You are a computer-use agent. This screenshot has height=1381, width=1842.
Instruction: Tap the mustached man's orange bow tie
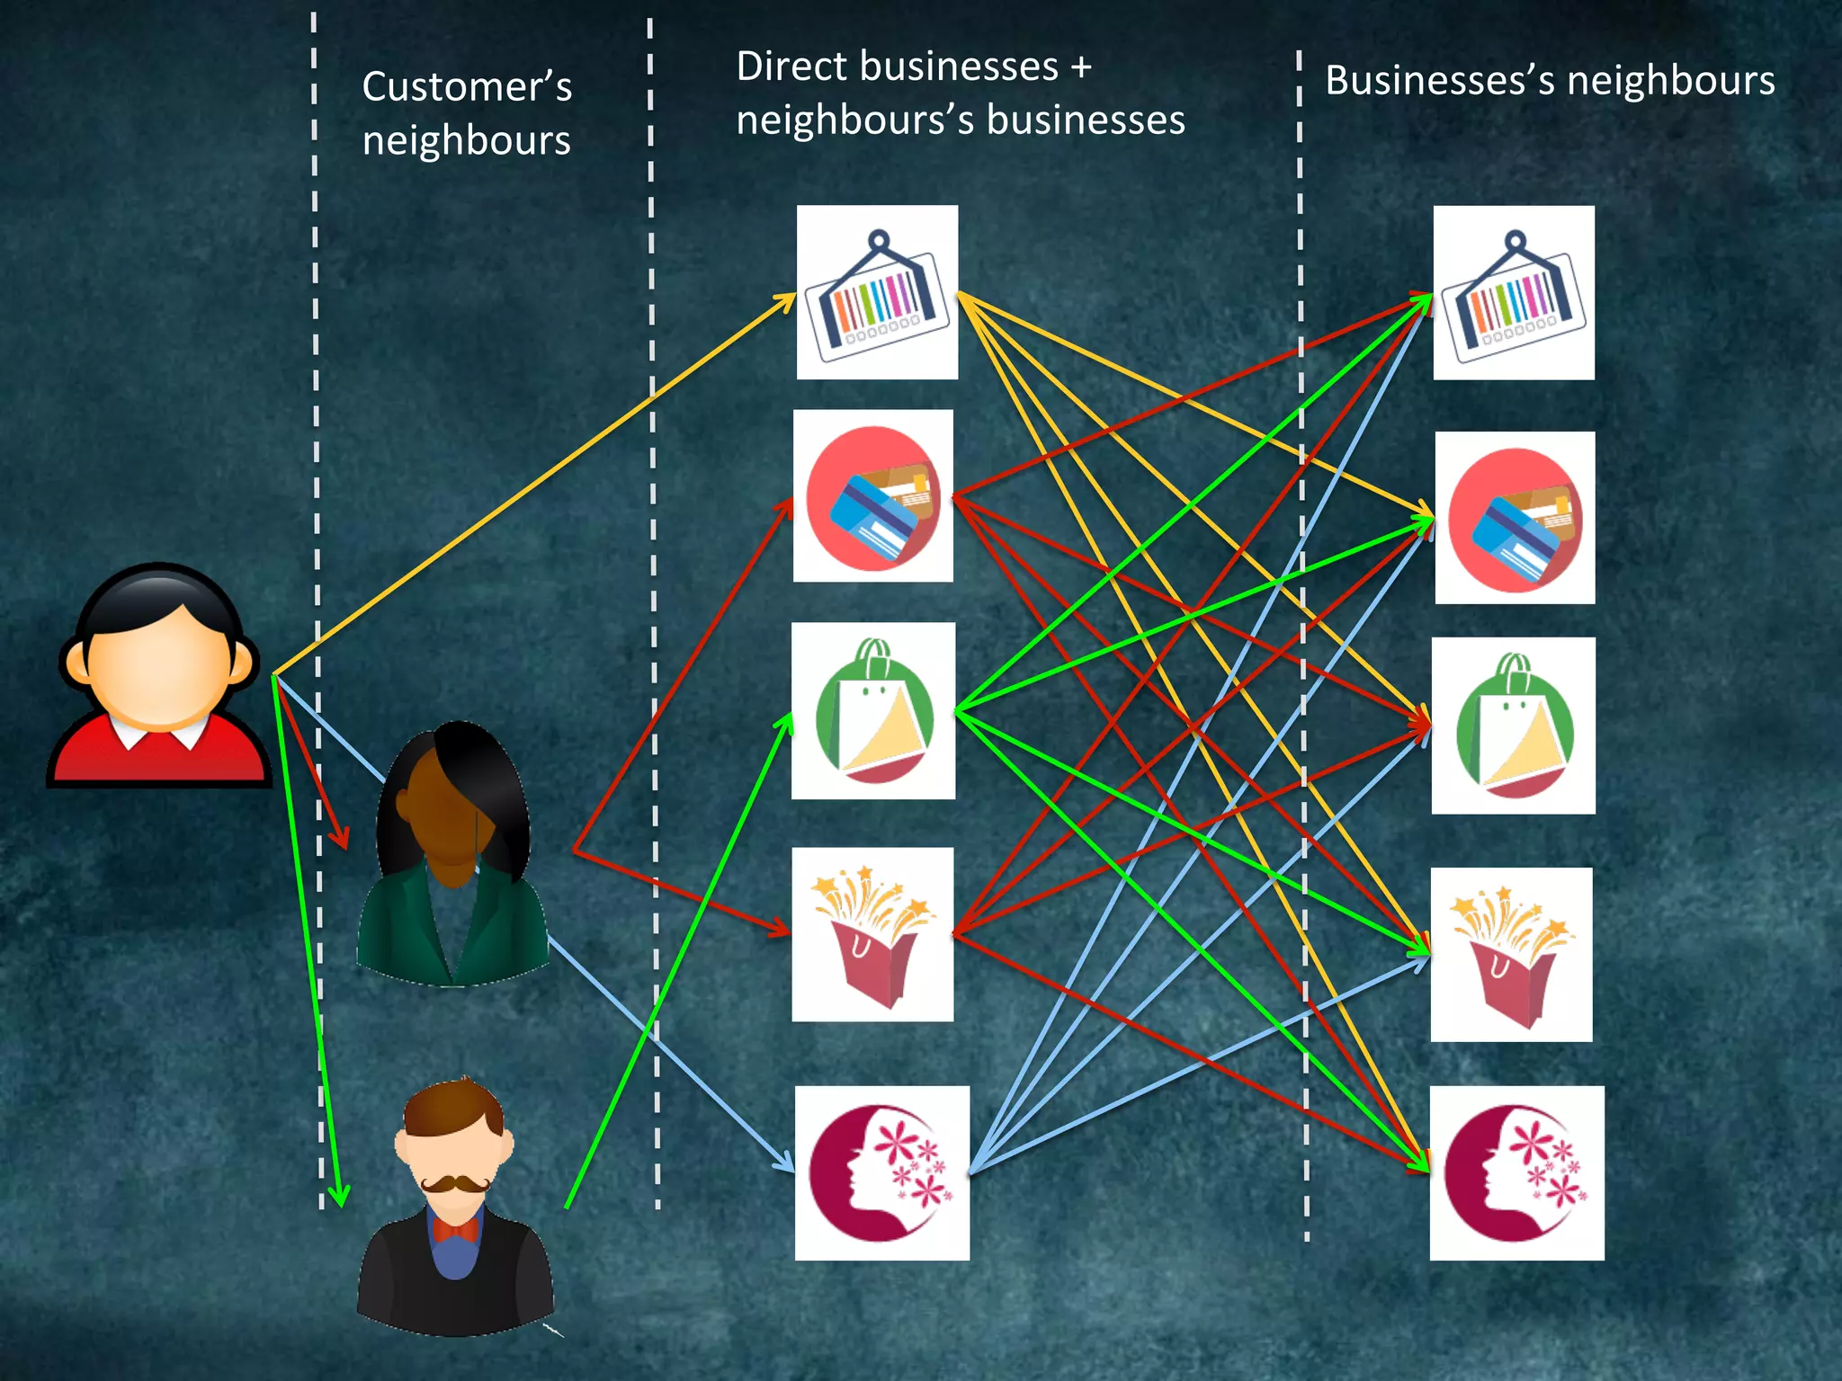pos(454,1229)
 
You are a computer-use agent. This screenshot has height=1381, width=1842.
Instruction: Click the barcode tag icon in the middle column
pos(877,292)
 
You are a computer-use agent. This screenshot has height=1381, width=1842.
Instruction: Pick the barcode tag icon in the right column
pos(1514,293)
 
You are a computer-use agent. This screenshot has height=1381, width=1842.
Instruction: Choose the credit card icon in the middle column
pos(872,496)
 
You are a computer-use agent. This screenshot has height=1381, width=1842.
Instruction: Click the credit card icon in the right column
pos(1515,518)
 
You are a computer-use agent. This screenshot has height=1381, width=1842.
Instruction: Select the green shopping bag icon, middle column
pos(872,710)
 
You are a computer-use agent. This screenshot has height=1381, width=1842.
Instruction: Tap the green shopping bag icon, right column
pos(1514,726)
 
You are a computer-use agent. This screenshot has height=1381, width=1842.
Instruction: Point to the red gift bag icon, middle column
pos(872,934)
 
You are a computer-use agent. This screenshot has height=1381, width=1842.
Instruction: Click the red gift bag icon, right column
pos(1511,955)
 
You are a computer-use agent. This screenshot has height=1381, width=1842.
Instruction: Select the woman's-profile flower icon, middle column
pos(881,1172)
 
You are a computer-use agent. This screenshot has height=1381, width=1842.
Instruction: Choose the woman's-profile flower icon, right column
pos(1516,1172)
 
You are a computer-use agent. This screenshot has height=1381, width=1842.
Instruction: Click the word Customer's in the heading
pos(467,87)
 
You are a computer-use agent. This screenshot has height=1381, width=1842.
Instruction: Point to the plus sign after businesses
pos(1080,67)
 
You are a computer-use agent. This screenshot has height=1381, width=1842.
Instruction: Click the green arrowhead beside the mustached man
pos(339,1196)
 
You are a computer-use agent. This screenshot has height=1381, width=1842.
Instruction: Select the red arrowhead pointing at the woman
pos(341,838)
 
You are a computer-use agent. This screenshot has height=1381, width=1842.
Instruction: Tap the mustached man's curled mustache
pos(455,1184)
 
